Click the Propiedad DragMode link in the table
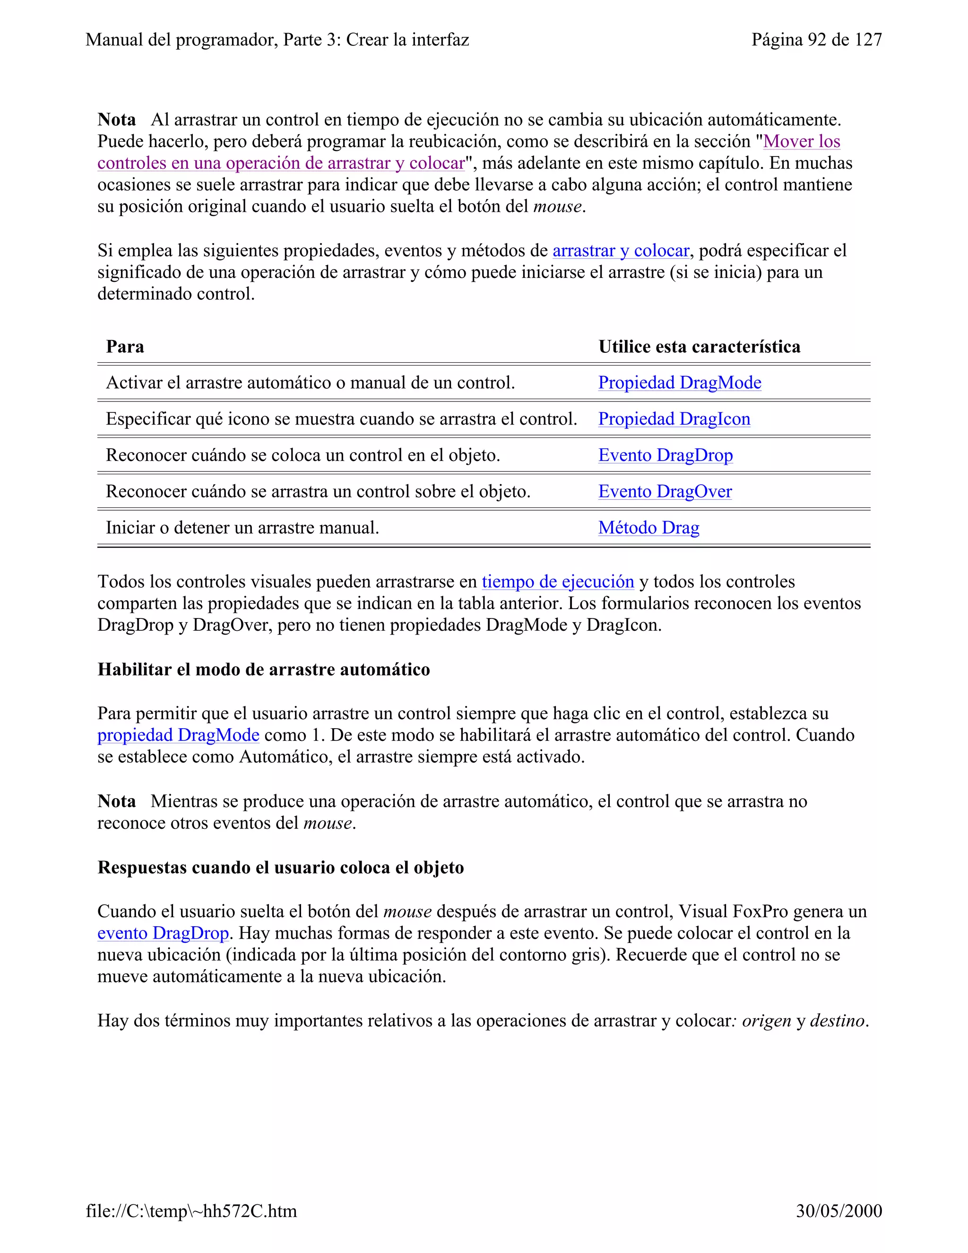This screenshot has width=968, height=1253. click(680, 383)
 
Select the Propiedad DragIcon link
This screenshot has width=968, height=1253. click(674, 419)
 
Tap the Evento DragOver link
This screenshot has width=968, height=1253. click(665, 491)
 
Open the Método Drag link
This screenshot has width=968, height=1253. click(648, 527)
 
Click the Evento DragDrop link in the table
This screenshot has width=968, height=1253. click(665, 455)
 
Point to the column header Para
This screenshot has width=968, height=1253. click(125, 347)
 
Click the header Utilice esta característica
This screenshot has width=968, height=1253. click(699, 347)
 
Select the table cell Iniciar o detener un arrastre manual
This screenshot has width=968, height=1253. click(242, 527)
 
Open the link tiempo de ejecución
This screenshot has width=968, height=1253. click(557, 582)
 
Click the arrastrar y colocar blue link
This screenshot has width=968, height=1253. click(621, 251)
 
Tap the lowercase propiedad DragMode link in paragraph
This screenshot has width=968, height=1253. click(178, 735)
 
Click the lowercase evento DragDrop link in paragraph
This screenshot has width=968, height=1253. click(163, 933)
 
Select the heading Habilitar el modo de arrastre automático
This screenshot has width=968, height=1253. click(263, 670)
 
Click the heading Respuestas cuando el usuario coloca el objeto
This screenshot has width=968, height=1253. click(280, 868)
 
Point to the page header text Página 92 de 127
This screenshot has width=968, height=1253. click(816, 40)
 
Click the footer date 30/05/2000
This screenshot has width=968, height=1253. click(838, 1211)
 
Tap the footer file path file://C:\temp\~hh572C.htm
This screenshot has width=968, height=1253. click(191, 1211)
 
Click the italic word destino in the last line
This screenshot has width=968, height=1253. click(837, 1021)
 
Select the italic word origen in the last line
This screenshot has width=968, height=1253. click(766, 1021)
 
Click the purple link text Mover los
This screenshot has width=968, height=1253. click(801, 141)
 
